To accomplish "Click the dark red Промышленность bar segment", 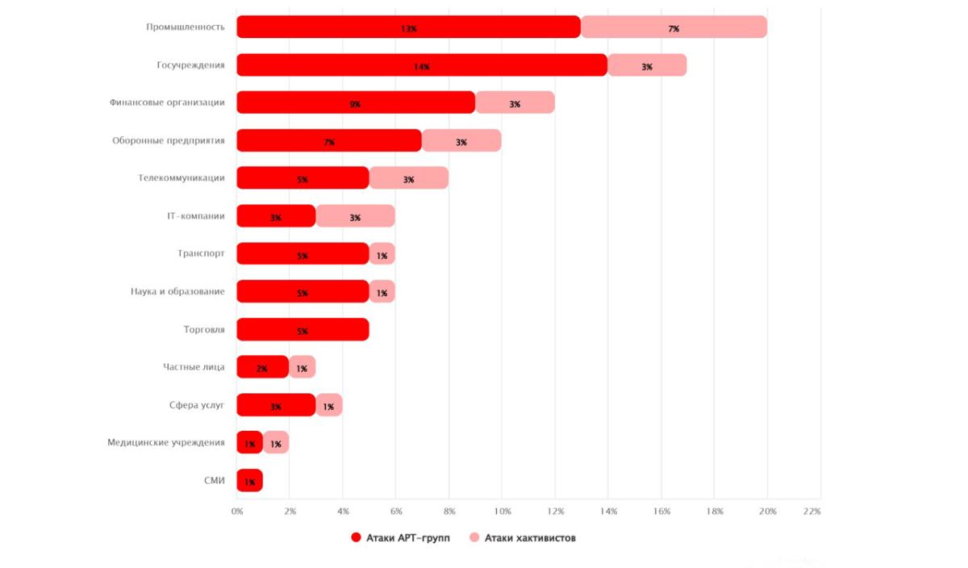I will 408,27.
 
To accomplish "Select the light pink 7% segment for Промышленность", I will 674,27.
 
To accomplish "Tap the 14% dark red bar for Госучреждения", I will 421,65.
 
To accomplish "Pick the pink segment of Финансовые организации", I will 515,102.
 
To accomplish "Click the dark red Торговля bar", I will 302,330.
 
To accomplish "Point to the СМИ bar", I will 249,481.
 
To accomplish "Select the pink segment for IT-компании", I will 355,216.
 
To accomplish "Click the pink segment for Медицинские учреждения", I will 276,443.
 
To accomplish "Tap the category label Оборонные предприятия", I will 168,140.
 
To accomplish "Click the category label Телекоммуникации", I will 181,178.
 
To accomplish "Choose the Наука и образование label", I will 177,291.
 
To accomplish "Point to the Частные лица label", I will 194,367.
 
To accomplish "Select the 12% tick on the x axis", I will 555,512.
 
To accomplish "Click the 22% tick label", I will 812,512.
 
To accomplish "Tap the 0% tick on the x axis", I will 237,512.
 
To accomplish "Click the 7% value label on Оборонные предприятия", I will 329,142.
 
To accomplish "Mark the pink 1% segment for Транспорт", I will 382,254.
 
